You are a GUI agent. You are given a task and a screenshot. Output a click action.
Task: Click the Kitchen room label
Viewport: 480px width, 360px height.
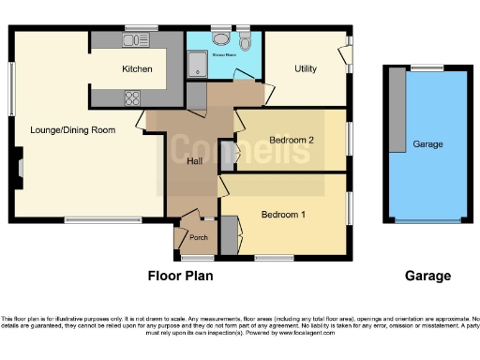[137, 69]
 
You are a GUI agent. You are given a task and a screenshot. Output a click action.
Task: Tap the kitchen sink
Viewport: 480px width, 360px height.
[136, 40]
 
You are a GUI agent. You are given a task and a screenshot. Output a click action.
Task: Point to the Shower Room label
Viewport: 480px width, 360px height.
[224, 55]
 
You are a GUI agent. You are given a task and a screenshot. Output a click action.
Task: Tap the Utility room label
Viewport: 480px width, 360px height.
[306, 69]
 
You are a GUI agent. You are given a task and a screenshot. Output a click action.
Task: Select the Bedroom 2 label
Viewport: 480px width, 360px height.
[291, 141]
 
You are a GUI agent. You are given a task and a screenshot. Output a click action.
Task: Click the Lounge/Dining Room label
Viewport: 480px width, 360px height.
[72, 130]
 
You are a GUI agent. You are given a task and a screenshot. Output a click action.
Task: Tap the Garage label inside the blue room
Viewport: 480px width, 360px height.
[427, 144]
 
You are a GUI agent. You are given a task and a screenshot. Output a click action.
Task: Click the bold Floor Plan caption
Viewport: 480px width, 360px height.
[181, 277]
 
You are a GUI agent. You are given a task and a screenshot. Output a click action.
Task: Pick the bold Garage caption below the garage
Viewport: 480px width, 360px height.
[427, 277]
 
